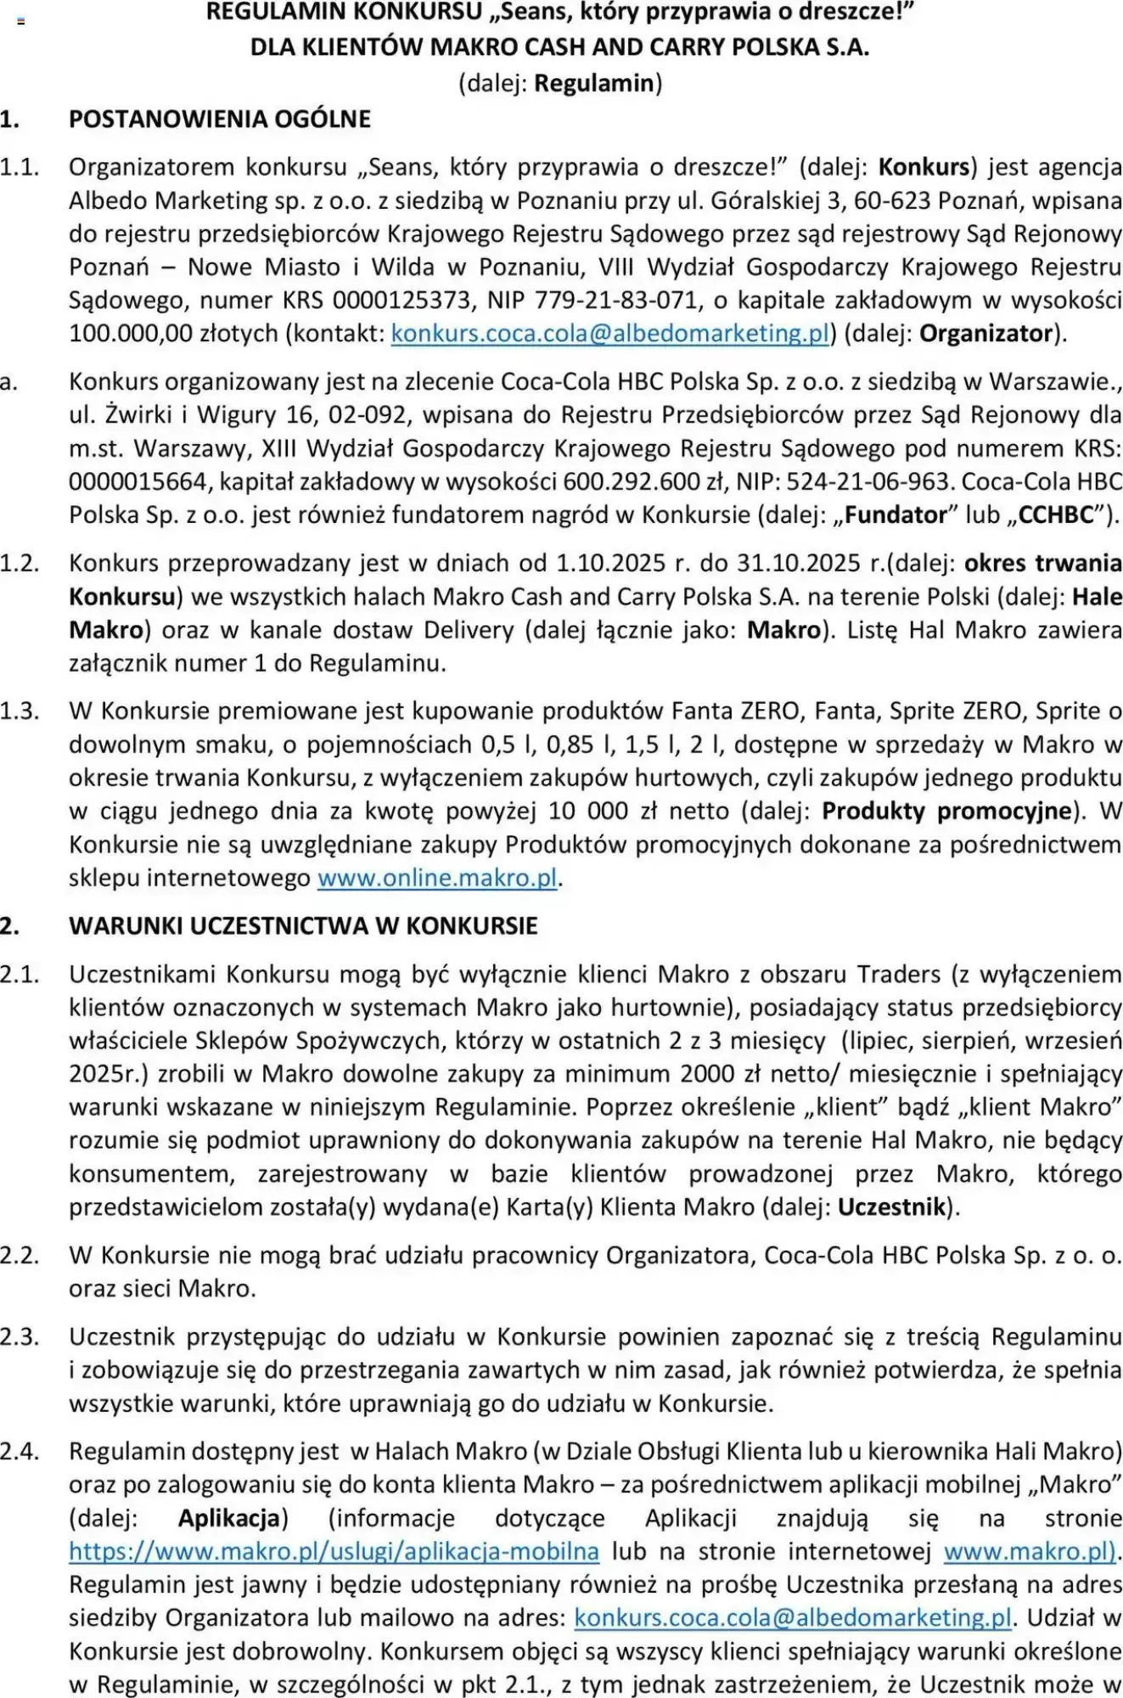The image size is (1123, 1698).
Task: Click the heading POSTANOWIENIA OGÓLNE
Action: [x=220, y=119]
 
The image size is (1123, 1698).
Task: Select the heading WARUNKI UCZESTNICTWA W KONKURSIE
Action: [x=303, y=926]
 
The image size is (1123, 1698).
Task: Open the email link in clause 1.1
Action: [x=609, y=334]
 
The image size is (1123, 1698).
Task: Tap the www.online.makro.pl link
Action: [x=437, y=878]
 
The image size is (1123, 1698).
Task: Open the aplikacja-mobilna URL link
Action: [x=334, y=1552]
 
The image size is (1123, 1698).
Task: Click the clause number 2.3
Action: [x=20, y=1337]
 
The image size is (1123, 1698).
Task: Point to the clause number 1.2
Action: [x=20, y=564]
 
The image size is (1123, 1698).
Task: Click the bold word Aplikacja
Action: [x=229, y=1518]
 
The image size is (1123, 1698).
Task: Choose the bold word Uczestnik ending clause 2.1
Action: [x=891, y=1207]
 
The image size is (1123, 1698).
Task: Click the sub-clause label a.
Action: [x=8, y=383]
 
